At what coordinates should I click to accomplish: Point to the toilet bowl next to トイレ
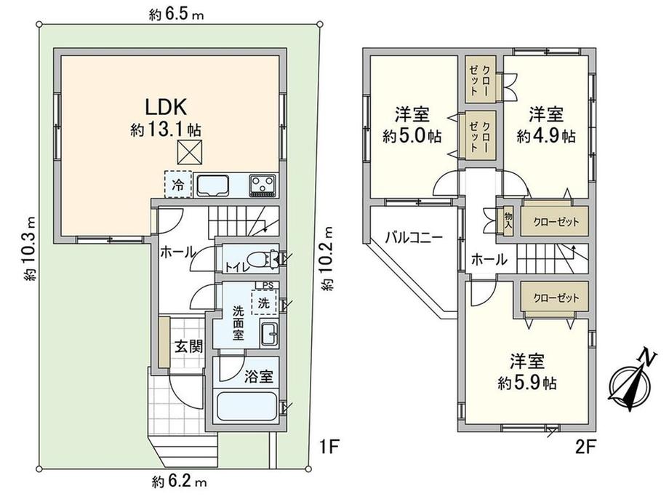point(258,259)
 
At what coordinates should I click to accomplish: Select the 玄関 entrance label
point(188,346)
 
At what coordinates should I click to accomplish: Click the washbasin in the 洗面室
point(268,332)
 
